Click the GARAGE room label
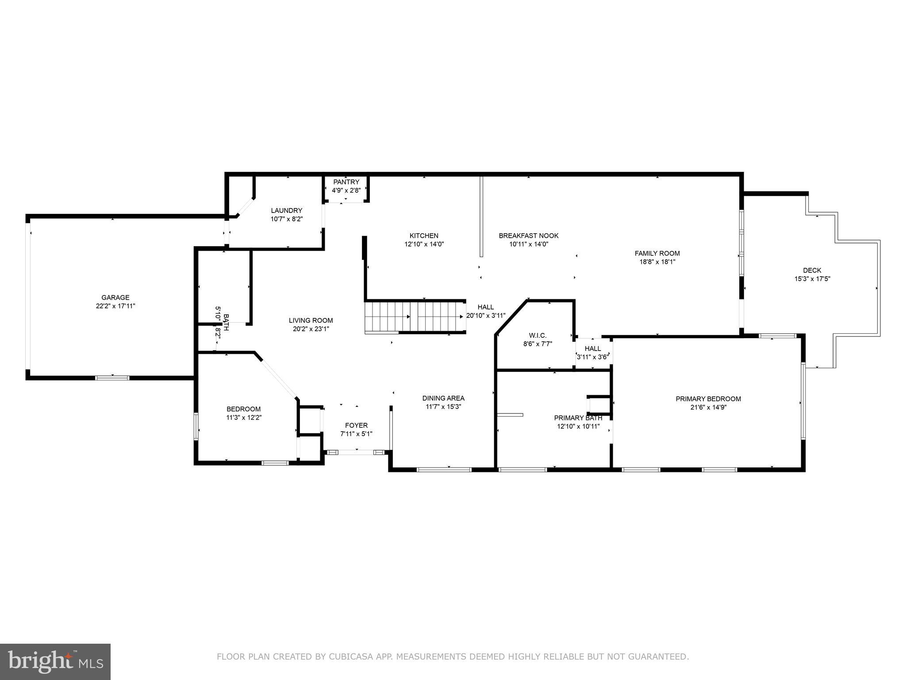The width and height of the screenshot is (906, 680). pyautogui.click(x=115, y=297)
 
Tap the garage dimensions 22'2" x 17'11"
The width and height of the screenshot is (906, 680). pyautogui.click(x=115, y=306)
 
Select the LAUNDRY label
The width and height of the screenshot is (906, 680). pyautogui.click(x=287, y=211)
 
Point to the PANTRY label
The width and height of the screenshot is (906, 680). pyautogui.click(x=346, y=182)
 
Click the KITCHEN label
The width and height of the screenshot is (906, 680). pyautogui.click(x=424, y=236)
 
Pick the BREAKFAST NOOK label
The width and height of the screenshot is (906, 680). pyautogui.click(x=529, y=236)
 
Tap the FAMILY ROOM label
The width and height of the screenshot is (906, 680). pyautogui.click(x=657, y=254)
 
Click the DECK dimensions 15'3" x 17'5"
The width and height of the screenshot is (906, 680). pyautogui.click(x=812, y=279)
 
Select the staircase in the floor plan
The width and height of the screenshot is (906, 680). pyautogui.click(x=415, y=317)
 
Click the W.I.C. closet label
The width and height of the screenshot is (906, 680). pyautogui.click(x=537, y=336)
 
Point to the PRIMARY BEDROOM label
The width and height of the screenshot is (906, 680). pyautogui.click(x=708, y=399)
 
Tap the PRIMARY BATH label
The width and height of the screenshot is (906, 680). pyautogui.click(x=578, y=418)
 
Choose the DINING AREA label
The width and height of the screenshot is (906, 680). pyautogui.click(x=443, y=398)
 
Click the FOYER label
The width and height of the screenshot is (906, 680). pyautogui.click(x=356, y=425)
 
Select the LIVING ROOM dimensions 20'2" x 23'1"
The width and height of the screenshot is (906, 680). pyautogui.click(x=311, y=329)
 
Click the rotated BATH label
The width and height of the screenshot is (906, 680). pyautogui.click(x=226, y=323)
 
